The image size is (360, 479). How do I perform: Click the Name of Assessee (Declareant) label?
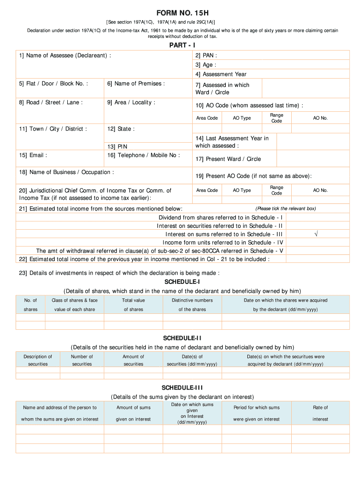65,56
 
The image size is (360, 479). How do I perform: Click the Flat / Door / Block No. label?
54,84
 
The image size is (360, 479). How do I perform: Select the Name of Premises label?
136,84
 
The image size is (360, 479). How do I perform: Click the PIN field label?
122,146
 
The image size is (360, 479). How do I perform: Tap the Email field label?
33,155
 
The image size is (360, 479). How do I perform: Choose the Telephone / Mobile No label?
144,155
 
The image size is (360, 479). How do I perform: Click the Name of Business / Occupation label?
66,172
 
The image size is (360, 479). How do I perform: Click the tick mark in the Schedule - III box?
317,234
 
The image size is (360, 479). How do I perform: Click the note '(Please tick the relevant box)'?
285,209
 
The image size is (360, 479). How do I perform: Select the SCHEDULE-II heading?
182,338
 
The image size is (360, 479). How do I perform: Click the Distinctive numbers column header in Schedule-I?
192,305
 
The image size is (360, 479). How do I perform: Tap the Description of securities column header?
38,360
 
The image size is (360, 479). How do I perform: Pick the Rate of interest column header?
320,413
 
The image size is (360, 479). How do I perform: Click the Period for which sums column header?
256,413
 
